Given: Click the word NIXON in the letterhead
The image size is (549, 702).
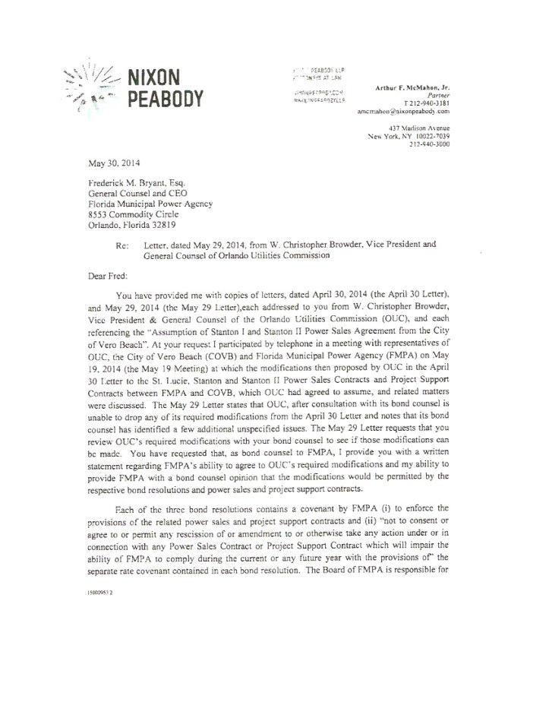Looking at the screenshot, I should [x=156, y=77].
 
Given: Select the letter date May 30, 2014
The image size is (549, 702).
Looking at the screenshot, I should [x=109, y=162].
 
